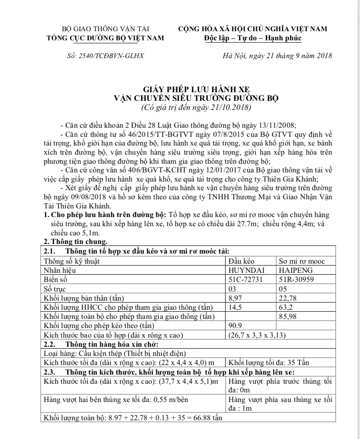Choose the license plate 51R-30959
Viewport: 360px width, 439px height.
pos(298,279)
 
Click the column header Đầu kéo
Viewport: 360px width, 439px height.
pos(242,261)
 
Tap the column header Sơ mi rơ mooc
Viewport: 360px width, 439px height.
pos(302,261)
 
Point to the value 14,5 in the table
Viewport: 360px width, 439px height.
pos(237,307)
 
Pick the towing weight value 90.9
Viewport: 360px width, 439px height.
pos(237,325)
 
